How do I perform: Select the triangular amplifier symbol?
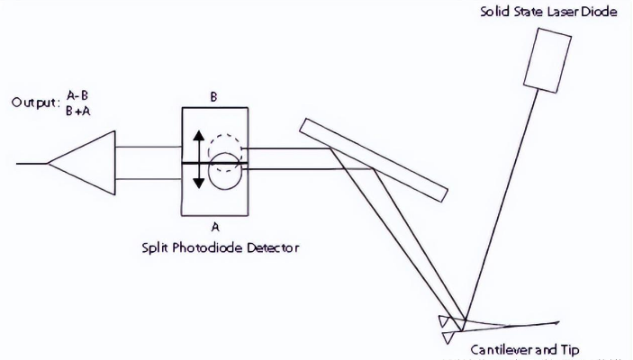86,163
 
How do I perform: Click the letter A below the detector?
214,229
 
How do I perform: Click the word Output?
34,103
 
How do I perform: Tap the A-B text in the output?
78,94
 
